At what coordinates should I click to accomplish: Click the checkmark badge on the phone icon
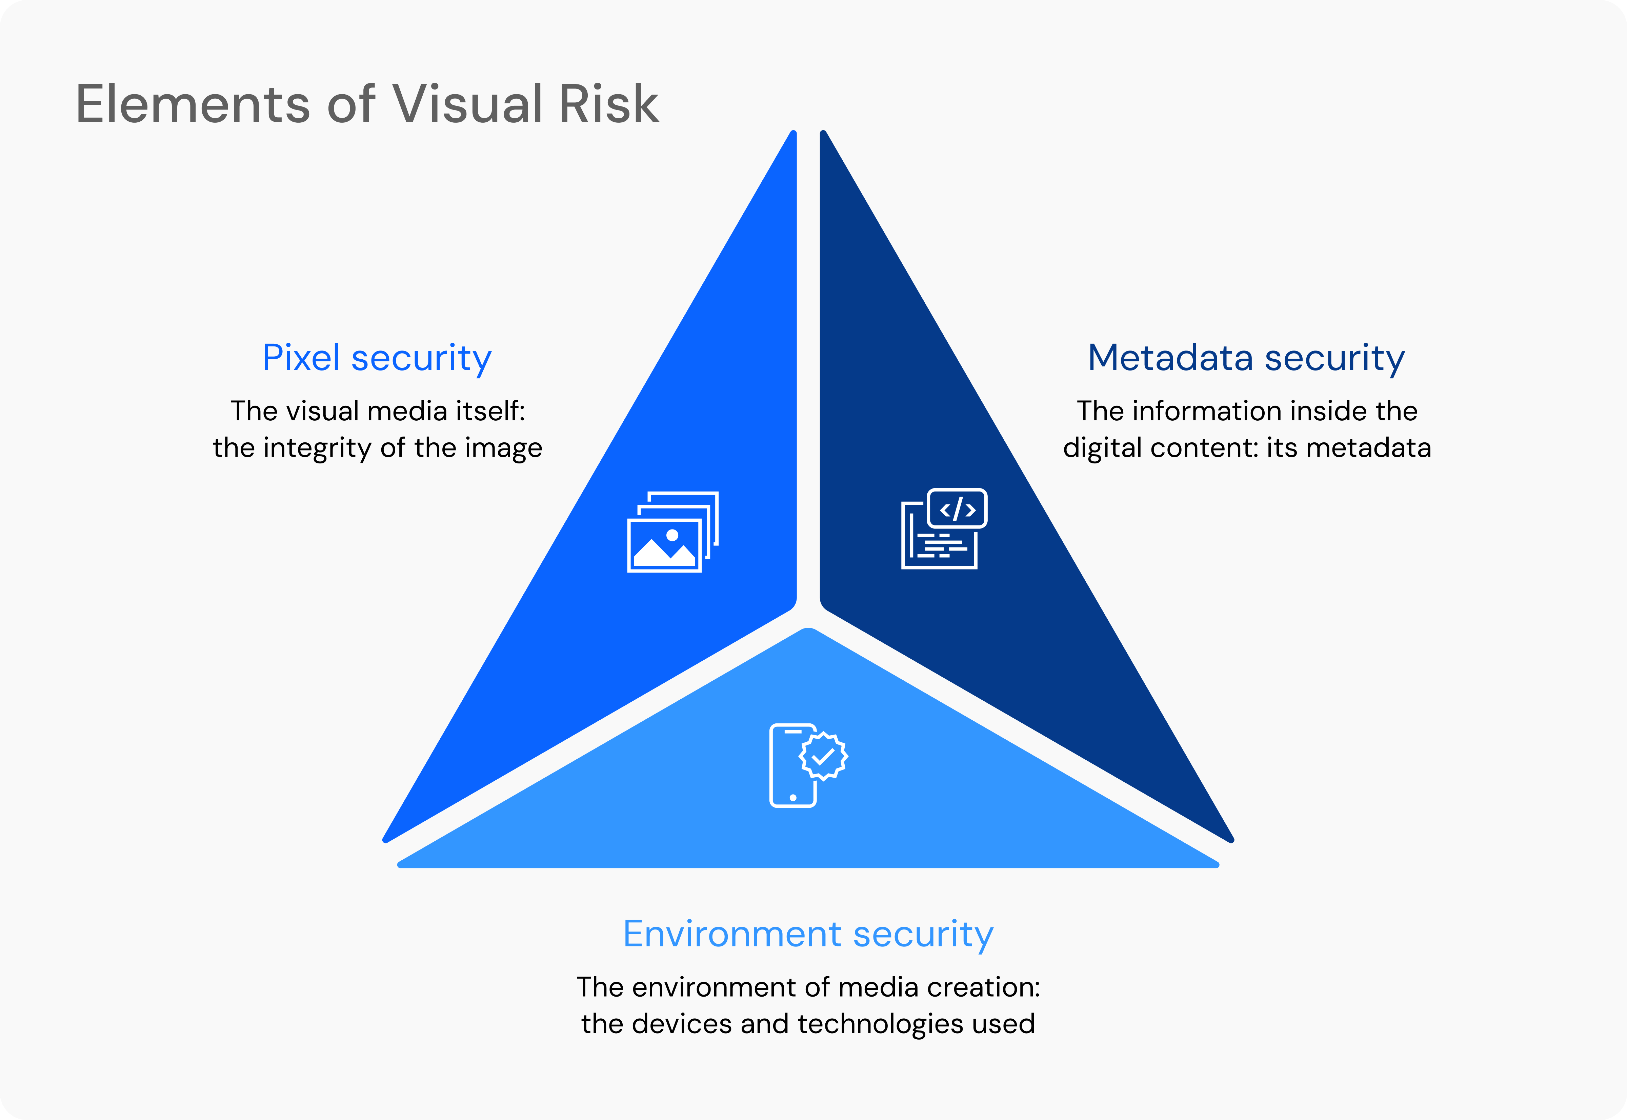(x=823, y=756)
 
